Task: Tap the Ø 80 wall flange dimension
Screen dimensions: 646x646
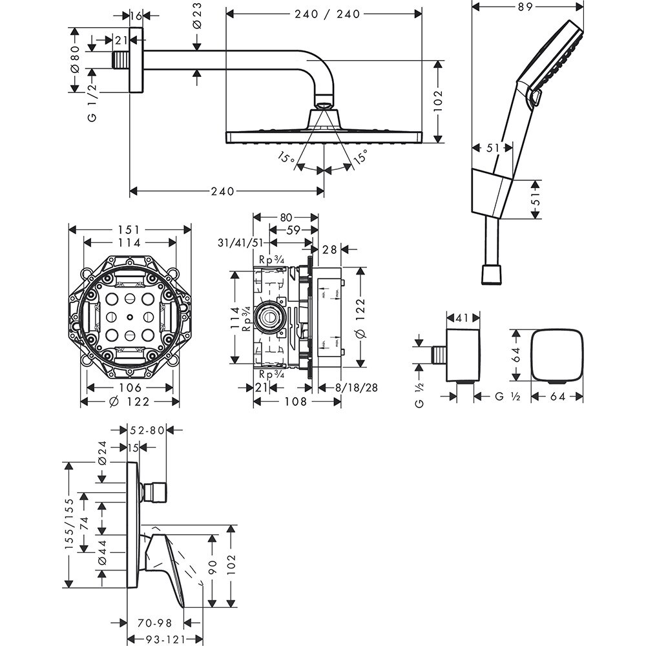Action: pos(75,59)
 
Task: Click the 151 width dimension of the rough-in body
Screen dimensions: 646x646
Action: pos(129,229)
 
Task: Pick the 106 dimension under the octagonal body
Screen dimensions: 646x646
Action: pos(130,388)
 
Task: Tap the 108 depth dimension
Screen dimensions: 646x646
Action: pos(297,402)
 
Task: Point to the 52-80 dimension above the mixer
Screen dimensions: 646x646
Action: pos(147,429)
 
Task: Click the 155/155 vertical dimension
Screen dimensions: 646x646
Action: pos(70,524)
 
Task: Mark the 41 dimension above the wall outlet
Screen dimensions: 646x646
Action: pos(463,317)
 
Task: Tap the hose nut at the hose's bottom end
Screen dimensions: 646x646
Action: pos(492,275)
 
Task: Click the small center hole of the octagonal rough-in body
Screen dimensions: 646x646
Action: pos(130,317)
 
